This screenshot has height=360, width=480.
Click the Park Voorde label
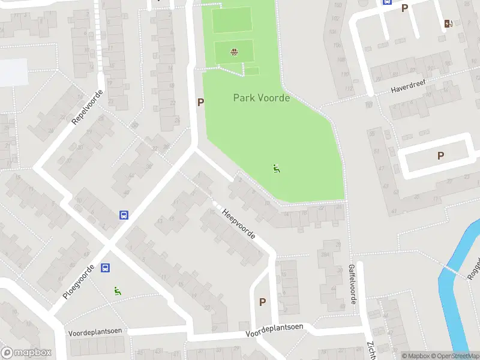261,98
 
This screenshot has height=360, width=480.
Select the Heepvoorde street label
239,224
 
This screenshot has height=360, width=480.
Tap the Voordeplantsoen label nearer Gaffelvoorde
274,330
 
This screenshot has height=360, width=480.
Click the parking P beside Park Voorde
201,103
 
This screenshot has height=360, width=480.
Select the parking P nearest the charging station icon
404,8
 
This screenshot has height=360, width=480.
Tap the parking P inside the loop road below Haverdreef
440,156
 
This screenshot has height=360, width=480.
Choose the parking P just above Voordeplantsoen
262,302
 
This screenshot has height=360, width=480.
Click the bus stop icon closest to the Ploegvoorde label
105,268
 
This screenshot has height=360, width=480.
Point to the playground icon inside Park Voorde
277,169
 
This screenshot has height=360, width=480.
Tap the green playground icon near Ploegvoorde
118,291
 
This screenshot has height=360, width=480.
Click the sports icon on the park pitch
234,52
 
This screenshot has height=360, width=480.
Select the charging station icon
448,24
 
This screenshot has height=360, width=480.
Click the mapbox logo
26,353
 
